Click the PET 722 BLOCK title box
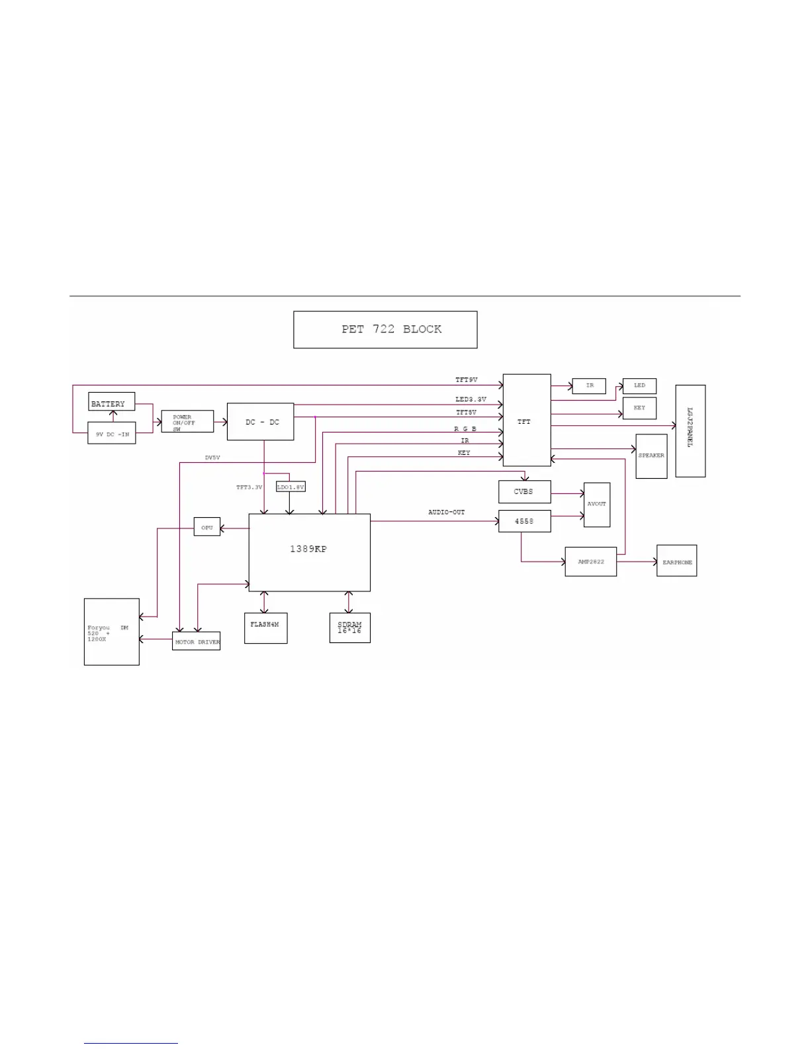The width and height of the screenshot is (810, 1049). [385, 330]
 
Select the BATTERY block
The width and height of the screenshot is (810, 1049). [111, 402]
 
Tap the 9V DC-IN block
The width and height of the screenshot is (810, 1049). [112, 433]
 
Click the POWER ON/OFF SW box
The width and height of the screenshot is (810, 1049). [187, 422]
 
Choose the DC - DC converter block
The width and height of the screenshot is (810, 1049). [261, 422]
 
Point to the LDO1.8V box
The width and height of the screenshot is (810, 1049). [291, 487]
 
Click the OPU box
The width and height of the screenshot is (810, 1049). [207, 527]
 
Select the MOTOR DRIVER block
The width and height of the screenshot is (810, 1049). [197, 642]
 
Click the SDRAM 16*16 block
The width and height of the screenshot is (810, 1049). [349, 628]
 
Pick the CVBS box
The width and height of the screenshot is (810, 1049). [524, 492]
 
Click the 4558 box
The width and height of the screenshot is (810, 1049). [524, 521]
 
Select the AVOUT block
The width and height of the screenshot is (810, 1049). [597, 505]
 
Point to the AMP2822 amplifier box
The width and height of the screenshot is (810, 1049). [591, 562]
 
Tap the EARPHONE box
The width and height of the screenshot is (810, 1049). [676, 561]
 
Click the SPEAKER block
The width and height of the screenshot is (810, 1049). [651, 456]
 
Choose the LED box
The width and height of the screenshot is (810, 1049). [639, 385]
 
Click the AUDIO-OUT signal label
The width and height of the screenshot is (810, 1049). [447, 512]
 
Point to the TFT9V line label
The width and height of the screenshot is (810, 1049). [467, 380]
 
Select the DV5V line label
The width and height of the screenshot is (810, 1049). [212, 458]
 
